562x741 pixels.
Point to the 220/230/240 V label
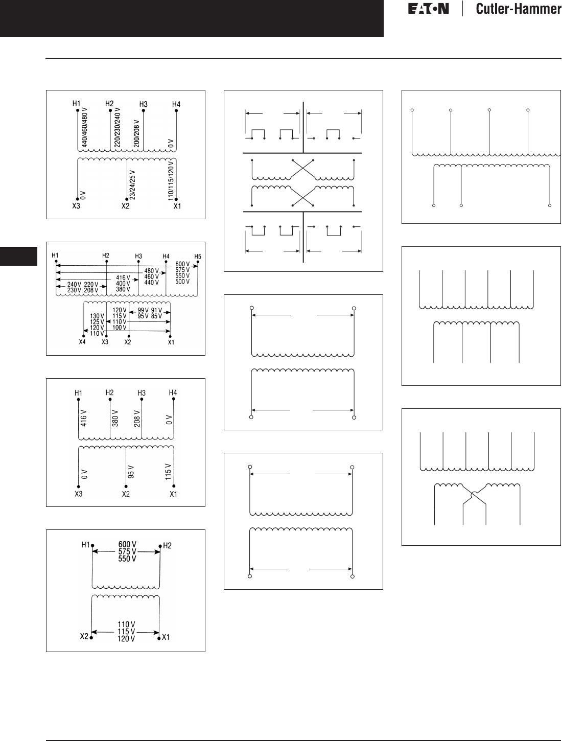(x=118, y=128)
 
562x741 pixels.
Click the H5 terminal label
(x=197, y=256)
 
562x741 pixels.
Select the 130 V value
(x=97, y=316)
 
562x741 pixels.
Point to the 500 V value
(x=182, y=282)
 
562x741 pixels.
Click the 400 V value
(x=122, y=283)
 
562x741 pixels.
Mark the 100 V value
(x=119, y=328)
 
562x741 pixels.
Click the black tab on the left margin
(x=19, y=256)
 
